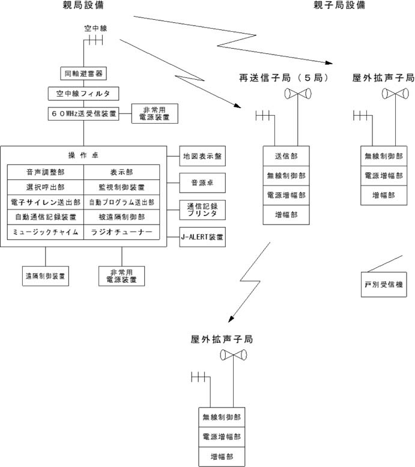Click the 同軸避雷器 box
pyautogui.click(x=83, y=74)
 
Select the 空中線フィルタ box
pyautogui.click(x=83, y=94)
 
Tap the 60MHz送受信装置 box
pyautogui.click(x=83, y=113)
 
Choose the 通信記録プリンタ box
pyautogui.click(x=202, y=210)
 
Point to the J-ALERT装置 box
pyautogui.click(x=202, y=237)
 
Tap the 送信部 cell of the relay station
pyautogui.click(x=286, y=156)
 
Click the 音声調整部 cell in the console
pyautogui.click(x=45, y=172)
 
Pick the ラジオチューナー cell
pyautogui.click(x=121, y=232)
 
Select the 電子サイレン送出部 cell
pyautogui.click(x=45, y=202)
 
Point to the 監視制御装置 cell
pyautogui.click(x=121, y=187)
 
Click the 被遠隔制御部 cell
pyautogui.click(x=121, y=217)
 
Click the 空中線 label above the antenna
pyautogui.click(x=95, y=28)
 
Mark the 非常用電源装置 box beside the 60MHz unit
pyautogui.click(x=155, y=113)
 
